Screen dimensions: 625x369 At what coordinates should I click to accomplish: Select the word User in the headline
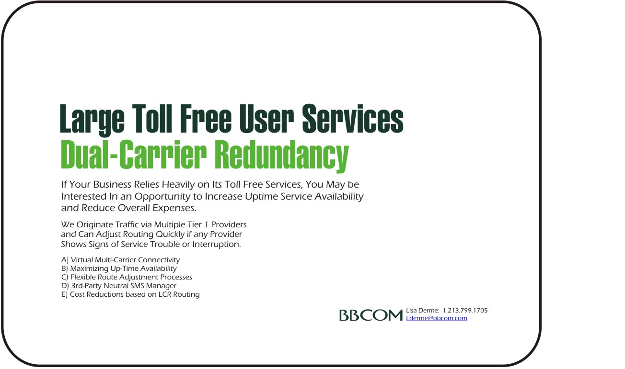[x=266, y=118]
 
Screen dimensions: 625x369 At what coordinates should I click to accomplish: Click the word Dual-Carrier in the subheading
[x=134, y=155]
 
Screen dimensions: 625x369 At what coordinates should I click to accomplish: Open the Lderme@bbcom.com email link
[x=436, y=318]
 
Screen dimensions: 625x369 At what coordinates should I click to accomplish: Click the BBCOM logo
[x=371, y=315]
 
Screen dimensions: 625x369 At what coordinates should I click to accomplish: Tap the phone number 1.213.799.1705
[x=465, y=310]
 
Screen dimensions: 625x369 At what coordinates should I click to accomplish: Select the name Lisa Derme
[x=422, y=310]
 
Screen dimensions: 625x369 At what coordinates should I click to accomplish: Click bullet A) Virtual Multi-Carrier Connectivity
[x=120, y=260]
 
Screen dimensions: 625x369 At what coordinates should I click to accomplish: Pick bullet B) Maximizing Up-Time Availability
[x=119, y=268]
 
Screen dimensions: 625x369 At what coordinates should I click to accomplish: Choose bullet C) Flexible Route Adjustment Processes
[x=127, y=277]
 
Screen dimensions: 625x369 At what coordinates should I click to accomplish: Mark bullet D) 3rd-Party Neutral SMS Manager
[x=118, y=286]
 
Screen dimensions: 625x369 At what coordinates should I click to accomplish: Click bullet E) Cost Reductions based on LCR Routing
[x=130, y=295]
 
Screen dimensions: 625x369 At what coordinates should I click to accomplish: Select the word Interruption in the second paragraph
[x=217, y=245]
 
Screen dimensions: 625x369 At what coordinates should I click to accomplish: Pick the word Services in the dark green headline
[x=353, y=118]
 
